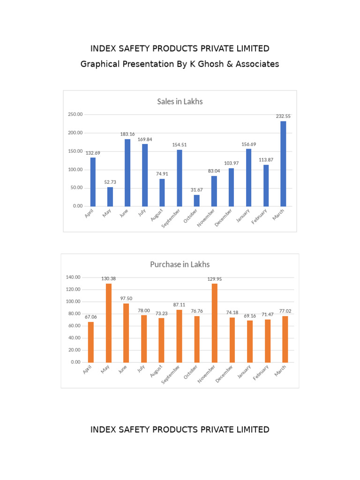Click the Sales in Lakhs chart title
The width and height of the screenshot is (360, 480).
(180, 101)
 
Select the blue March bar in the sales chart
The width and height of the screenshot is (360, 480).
(283, 164)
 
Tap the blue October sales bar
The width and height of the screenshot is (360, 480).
(197, 200)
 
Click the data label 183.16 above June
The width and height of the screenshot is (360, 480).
(127, 134)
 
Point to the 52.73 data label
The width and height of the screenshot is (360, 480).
(110, 182)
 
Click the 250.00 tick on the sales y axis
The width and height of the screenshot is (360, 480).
(75, 114)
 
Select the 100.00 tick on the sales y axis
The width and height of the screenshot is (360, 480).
(75, 170)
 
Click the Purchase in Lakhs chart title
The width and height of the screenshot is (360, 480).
(180, 264)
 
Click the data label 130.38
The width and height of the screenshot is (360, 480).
(109, 278)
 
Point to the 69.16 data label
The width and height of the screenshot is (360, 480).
(250, 315)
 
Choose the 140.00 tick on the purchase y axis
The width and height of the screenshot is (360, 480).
(73, 277)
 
